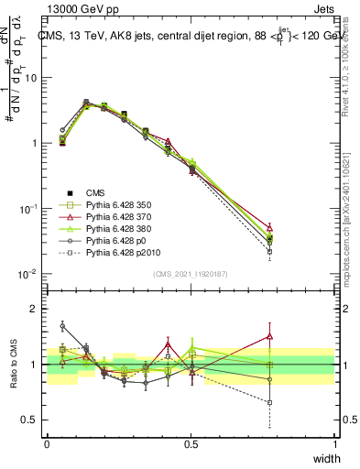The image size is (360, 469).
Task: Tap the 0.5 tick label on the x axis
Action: [x=191, y=444]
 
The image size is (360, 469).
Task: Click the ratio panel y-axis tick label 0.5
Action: [x=29, y=420]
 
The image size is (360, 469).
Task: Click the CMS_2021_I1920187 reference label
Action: [x=190, y=273]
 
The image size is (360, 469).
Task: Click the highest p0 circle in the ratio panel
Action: [x=62, y=325]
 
